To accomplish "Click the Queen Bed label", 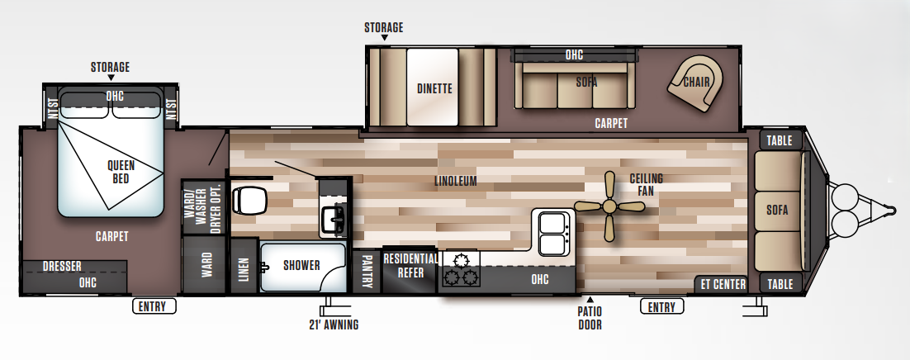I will [x=121, y=171].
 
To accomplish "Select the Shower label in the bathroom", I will [x=301, y=265].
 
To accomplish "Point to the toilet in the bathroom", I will [x=249, y=199].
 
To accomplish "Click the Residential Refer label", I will [x=410, y=265].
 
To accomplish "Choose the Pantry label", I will [x=367, y=270].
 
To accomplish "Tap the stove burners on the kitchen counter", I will [x=459, y=269].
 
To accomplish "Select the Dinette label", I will [x=434, y=88].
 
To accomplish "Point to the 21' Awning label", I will [x=329, y=324].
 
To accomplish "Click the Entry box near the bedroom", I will [x=154, y=306].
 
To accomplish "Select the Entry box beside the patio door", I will [x=662, y=307].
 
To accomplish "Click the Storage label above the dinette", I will [x=384, y=27].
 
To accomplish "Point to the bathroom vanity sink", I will [x=335, y=219].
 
